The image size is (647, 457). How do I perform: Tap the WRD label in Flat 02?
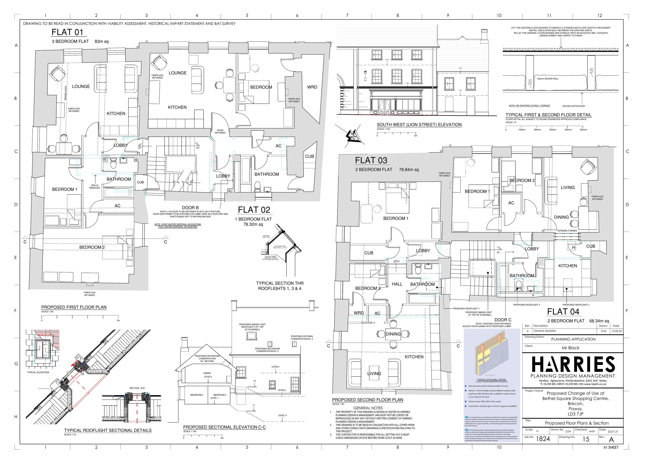[312, 87]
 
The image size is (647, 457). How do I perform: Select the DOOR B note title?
[190, 208]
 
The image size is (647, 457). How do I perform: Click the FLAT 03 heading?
[371, 160]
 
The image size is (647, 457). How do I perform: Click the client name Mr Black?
[570, 348]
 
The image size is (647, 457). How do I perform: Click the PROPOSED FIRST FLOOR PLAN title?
[74, 307]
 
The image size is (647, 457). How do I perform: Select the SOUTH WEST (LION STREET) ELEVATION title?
[419, 124]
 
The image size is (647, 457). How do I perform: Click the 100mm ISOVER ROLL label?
[548, 79]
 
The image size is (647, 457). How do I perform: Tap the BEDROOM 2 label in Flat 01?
[92, 247]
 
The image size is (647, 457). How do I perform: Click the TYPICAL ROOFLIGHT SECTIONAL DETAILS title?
[108, 430]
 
